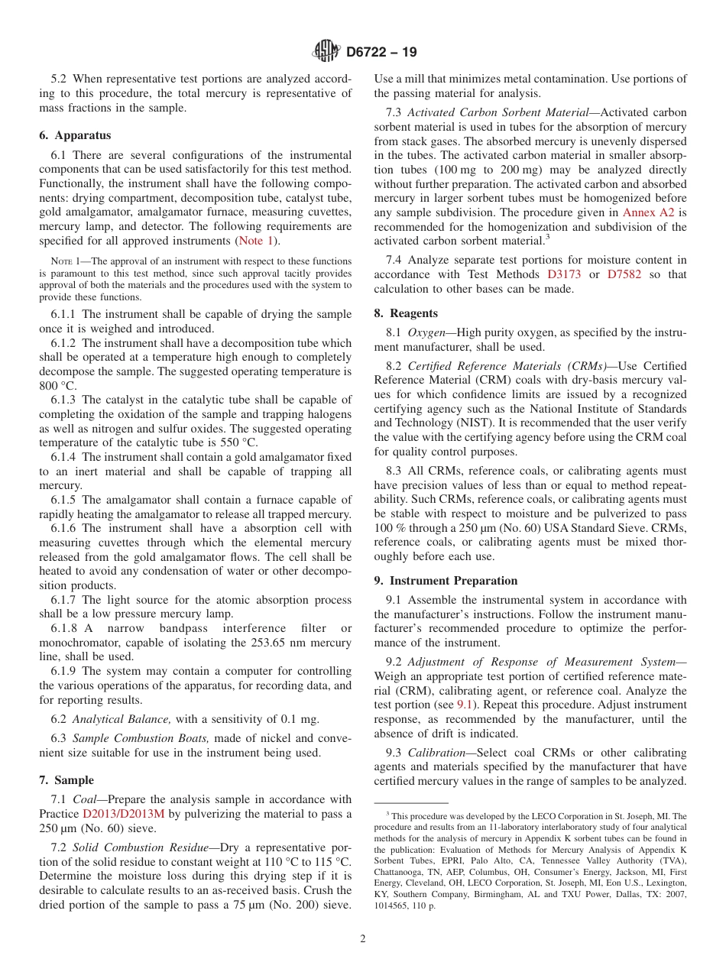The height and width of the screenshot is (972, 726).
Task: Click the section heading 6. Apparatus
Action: [x=74, y=135]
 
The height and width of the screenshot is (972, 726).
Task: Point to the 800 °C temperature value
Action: [x=57, y=386]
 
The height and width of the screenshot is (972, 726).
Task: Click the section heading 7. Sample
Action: [x=66, y=780]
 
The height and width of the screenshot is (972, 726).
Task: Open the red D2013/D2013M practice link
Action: [x=123, y=814]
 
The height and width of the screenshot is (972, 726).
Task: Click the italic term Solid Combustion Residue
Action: [x=135, y=847]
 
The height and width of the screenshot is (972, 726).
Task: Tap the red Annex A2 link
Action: [x=649, y=212]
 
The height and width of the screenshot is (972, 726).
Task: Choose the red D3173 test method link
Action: [x=564, y=274]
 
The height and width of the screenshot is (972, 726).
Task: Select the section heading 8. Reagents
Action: [x=406, y=313]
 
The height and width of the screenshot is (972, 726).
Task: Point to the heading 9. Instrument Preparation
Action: [x=446, y=581]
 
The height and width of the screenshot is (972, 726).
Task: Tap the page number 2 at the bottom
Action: [x=363, y=939]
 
